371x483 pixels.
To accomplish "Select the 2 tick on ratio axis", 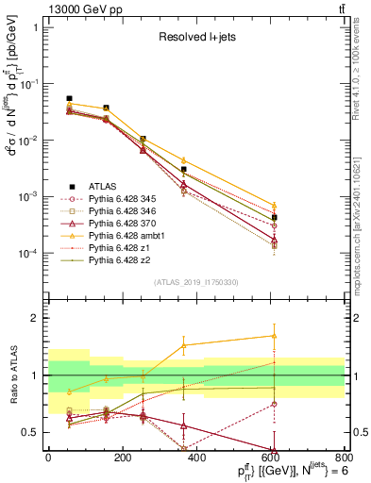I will coord(39,318).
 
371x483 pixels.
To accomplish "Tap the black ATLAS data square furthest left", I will coord(69,98).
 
